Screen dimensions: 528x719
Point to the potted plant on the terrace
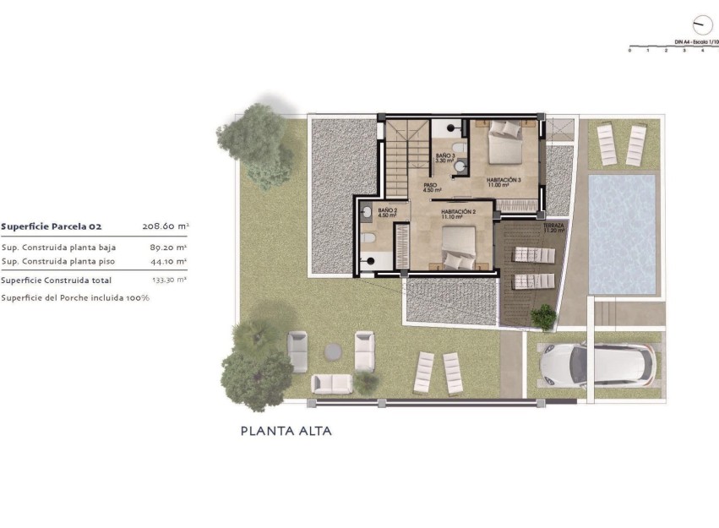coord(542,317)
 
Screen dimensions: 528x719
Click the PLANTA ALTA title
coord(286,431)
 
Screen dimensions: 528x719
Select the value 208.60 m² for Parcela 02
coord(166,226)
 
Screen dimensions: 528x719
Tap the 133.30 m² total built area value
coord(169,280)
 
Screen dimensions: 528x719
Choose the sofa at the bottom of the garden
coord(332,384)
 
